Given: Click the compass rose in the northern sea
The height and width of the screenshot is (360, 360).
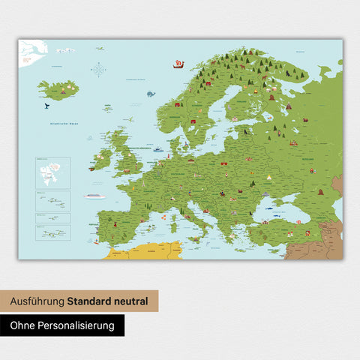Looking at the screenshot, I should (x=98, y=70).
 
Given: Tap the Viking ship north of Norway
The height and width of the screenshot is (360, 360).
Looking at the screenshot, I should (x=178, y=64).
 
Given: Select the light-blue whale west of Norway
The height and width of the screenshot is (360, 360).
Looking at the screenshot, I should (x=150, y=94).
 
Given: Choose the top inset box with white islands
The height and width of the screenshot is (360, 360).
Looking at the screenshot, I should (x=52, y=172).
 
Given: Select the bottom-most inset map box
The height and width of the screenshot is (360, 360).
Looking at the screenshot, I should (x=52, y=233).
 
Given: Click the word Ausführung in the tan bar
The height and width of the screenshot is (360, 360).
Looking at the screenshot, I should (x=37, y=301).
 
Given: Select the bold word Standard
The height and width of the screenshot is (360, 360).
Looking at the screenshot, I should (x=91, y=301).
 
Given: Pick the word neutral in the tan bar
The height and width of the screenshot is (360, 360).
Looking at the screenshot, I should (x=133, y=301).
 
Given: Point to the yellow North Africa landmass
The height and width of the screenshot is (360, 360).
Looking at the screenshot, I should (x=142, y=251).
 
